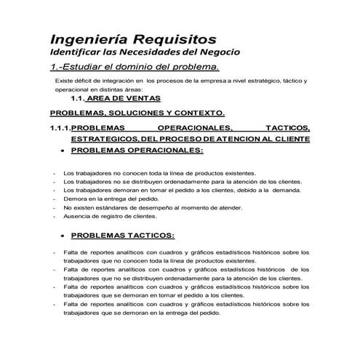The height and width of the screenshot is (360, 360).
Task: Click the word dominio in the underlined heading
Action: [x=127, y=68]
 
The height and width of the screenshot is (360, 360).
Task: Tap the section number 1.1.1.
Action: [x=60, y=127]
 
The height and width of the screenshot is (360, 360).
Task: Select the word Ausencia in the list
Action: [x=77, y=216]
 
